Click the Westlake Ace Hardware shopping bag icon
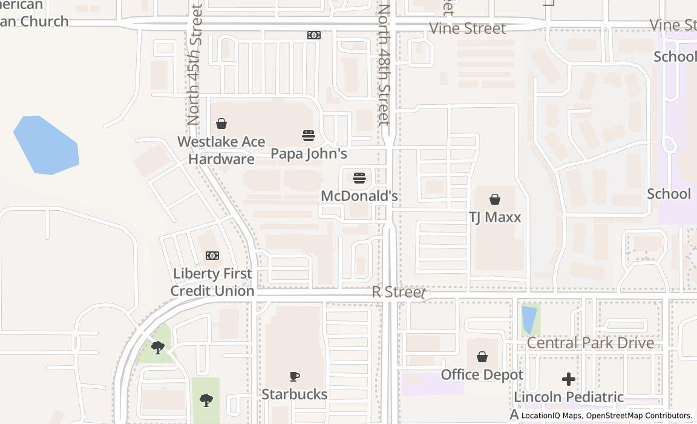221,124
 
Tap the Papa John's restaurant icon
309,135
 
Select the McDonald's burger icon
359,178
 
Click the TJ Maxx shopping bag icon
495,199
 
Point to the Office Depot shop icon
482,357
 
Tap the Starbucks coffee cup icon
295,377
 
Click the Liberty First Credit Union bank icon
212,256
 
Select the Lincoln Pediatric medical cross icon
569,379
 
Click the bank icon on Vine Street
314,35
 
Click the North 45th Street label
194,64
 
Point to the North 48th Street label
384,64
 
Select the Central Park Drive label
590,343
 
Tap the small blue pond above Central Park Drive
529,319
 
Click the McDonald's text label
359,196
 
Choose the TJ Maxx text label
495,217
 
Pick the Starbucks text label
295,394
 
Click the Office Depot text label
482,374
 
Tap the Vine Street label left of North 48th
467,28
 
